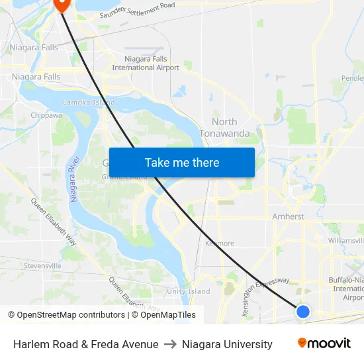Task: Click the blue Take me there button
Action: tap(181, 162)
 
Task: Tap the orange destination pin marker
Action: tap(61, 4)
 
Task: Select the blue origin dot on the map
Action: tap(302, 311)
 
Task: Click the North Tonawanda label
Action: tap(224, 127)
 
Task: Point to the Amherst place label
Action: tap(288, 216)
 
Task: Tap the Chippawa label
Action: tap(46, 115)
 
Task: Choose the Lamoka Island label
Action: tap(89, 103)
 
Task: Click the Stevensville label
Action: tap(42, 265)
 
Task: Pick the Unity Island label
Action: tap(189, 291)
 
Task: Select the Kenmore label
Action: tap(220, 243)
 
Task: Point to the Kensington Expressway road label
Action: tap(266, 295)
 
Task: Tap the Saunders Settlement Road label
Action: tap(137, 11)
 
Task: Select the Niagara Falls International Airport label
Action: tap(146, 63)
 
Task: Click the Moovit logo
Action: tap(324, 343)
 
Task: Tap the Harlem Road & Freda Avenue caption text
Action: tap(86, 344)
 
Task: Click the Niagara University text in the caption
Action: tap(227, 344)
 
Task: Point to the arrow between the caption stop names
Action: tap(170, 344)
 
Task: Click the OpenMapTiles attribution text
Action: tap(166, 315)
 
